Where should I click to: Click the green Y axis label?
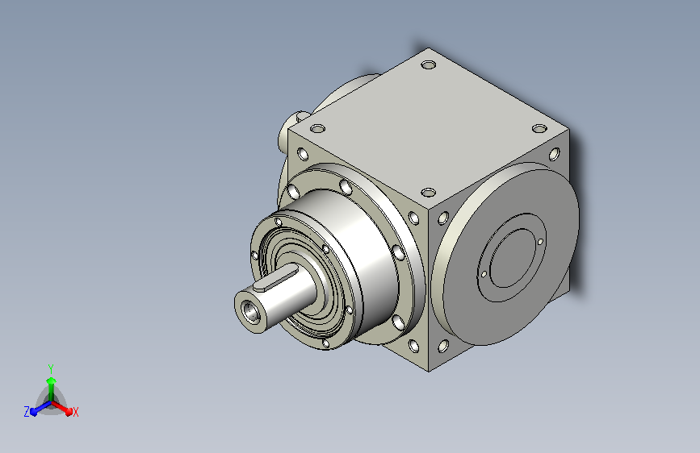[51, 368]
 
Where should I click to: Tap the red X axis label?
[75, 412]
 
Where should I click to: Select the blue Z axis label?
[27, 412]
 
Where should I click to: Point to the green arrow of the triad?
[52, 389]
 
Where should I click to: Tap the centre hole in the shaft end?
[249, 310]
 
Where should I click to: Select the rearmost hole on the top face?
[429, 65]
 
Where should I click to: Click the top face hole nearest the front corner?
[429, 193]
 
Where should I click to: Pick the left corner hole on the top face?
[317, 129]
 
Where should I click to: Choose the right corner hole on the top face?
[539, 129]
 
